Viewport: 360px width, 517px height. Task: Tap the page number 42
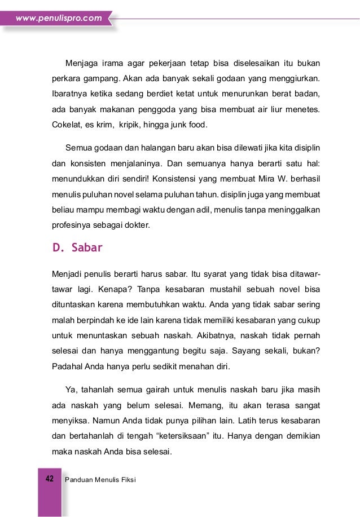point(49,479)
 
